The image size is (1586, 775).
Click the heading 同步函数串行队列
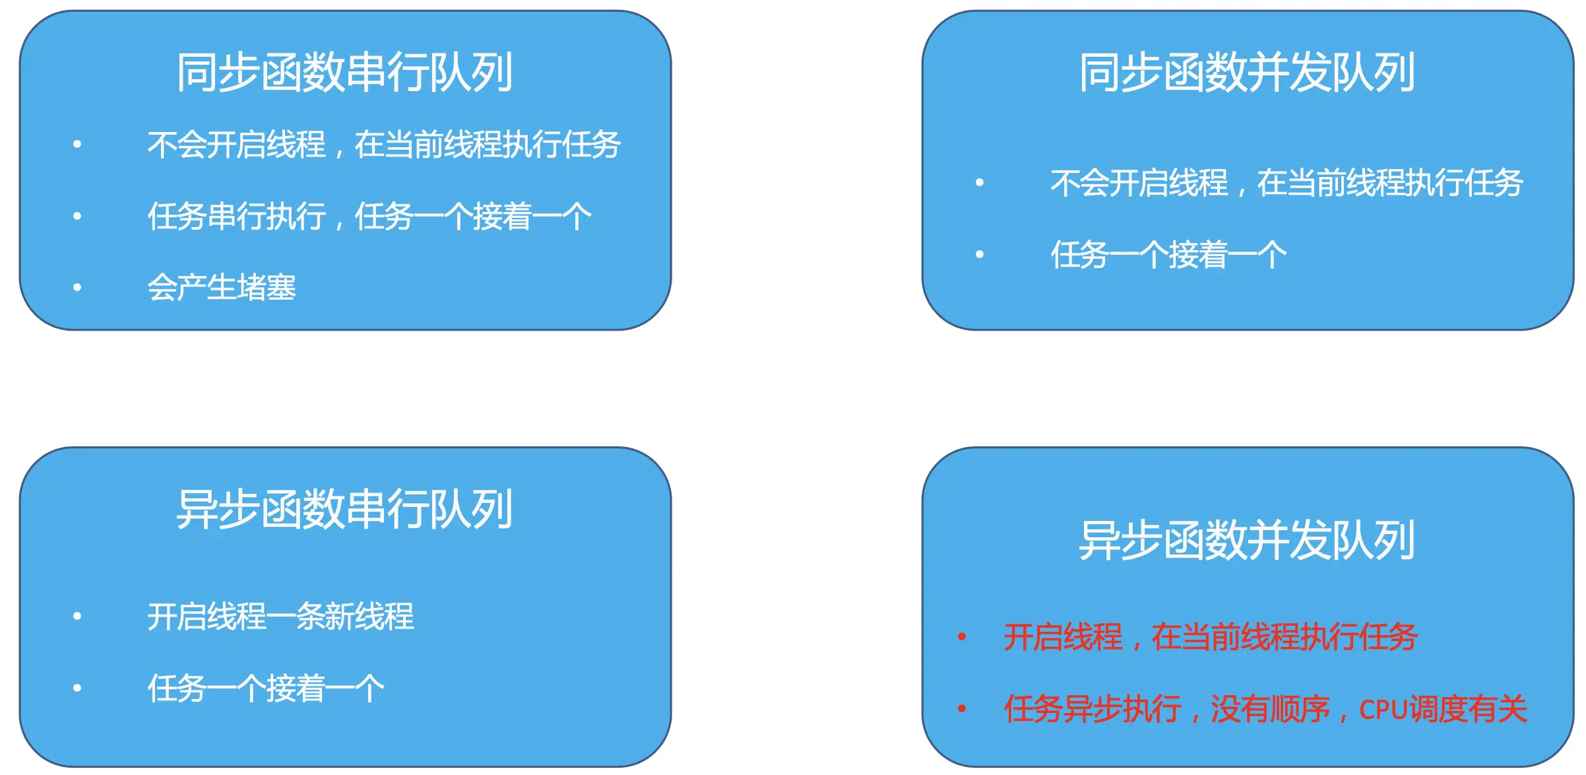(x=344, y=72)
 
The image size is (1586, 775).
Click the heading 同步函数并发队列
(x=1247, y=72)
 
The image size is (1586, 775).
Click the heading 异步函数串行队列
(x=344, y=509)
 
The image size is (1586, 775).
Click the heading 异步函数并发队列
(x=1247, y=540)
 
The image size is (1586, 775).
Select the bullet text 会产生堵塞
(x=222, y=288)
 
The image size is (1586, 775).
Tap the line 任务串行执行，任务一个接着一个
(x=369, y=217)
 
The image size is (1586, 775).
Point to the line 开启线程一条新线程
(x=281, y=617)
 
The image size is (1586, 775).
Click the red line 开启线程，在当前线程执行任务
(x=1211, y=638)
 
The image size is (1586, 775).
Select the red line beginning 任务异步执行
(x=1265, y=710)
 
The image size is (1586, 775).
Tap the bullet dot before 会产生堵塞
(x=77, y=287)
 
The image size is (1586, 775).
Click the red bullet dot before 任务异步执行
(x=962, y=709)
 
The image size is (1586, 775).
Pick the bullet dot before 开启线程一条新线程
(x=77, y=616)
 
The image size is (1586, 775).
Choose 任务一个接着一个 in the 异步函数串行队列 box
(x=266, y=689)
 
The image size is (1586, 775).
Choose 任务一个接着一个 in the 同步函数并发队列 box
(x=1168, y=255)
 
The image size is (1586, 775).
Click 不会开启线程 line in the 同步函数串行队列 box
(x=384, y=145)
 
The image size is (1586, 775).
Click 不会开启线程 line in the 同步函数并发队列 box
(x=1286, y=183)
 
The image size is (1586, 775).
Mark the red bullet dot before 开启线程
(x=962, y=637)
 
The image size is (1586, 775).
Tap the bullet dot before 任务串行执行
(x=77, y=216)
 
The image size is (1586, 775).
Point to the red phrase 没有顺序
(x=1270, y=710)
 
